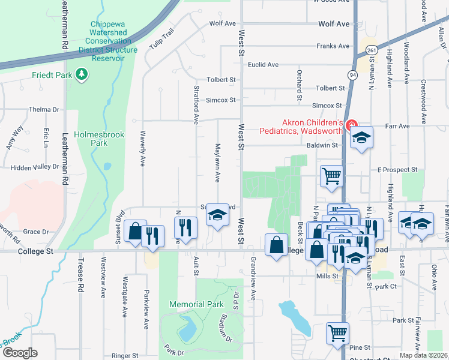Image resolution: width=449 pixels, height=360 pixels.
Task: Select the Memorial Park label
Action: coord(196,305)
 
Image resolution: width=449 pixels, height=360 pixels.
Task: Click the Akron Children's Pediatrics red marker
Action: coord(351,126)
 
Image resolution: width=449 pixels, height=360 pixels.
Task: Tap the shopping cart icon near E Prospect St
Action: coord(331,176)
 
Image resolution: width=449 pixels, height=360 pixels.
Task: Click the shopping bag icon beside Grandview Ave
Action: coord(276,245)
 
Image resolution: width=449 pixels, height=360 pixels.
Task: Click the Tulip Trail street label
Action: coord(162,40)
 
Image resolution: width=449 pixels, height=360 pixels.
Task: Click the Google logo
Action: coord(20,353)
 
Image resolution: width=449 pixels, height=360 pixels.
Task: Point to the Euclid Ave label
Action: coord(264,64)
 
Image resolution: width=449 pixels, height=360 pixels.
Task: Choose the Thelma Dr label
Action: coord(44,110)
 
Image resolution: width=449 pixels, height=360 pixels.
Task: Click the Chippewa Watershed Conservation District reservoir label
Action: coord(111,41)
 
